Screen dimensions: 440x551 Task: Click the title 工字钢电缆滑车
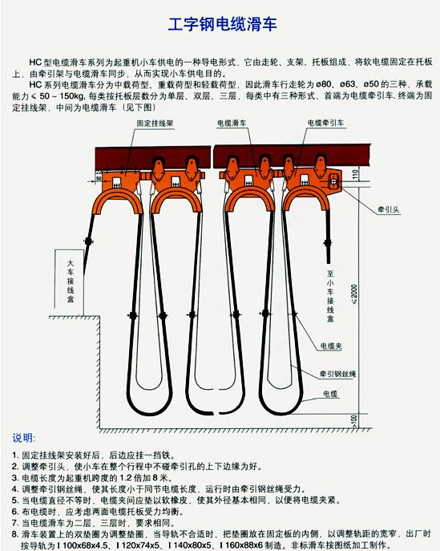[223, 24]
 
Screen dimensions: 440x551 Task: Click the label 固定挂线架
[155, 124]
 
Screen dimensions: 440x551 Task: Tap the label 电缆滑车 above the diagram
[232, 123]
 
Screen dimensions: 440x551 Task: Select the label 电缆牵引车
[326, 123]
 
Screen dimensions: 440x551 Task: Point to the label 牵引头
[389, 210]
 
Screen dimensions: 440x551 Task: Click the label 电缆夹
[331, 346]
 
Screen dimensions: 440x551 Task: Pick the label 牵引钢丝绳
[337, 374]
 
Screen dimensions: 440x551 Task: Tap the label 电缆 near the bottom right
[330, 394]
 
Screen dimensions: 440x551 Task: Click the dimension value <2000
[354, 294]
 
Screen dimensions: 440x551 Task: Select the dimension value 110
[355, 174]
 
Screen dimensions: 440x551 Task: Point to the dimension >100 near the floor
[354, 420]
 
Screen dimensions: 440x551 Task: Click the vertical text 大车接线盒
[71, 282]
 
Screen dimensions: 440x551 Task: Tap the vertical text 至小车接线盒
[330, 296]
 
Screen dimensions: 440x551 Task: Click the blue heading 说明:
[24, 438]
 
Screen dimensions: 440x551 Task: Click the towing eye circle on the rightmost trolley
[333, 182]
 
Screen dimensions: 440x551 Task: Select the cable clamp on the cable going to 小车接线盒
[328, 243]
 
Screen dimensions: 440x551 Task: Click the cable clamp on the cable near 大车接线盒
[88, 241]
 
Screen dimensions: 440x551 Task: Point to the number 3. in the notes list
[15, 478]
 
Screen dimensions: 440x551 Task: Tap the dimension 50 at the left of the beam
[99, 179]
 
